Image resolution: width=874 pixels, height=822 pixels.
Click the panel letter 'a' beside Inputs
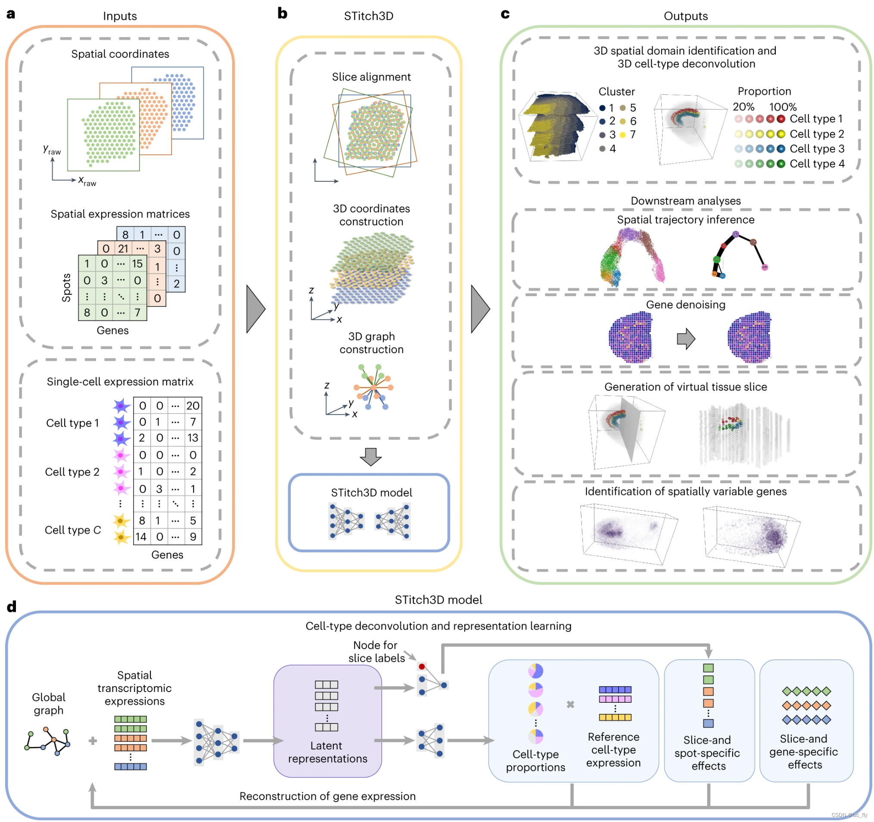(x=11, y=14)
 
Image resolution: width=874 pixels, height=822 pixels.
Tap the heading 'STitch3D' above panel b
(x=368, y=16)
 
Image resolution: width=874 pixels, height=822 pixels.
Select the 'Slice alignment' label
(x=371, y=77)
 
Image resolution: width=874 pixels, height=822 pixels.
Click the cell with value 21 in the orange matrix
(x=123, y=249)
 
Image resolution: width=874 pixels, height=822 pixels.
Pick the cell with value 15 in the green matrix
(x=137, y=264)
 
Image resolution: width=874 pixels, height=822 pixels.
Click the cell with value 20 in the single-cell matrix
(x=193, y=406)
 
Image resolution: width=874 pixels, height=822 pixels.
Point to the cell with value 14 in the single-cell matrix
(x=141, y=537)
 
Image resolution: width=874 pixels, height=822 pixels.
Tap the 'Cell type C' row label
(x=73, y=530)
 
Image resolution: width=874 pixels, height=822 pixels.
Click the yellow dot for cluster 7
(x=622, y=135)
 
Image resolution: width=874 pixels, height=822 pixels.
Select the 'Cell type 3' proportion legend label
(x=817, y=149)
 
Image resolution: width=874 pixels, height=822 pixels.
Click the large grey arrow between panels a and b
(x=256, y=309)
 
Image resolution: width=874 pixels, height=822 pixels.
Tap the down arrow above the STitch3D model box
(x=370, y=457)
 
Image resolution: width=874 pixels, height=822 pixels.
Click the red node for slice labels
(x=422, y=667)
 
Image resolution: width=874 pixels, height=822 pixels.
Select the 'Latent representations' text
(x=327, y=752)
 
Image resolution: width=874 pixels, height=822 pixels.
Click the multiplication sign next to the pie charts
(x=570, y=704)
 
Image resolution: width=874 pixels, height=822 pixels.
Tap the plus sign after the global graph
(x=93, y=741)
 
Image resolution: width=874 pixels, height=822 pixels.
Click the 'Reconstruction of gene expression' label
(x=327, y=797)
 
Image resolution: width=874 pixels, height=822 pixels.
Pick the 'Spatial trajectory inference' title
(x=685, y=220)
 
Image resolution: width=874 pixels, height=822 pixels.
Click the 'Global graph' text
(x=49, y=704)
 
